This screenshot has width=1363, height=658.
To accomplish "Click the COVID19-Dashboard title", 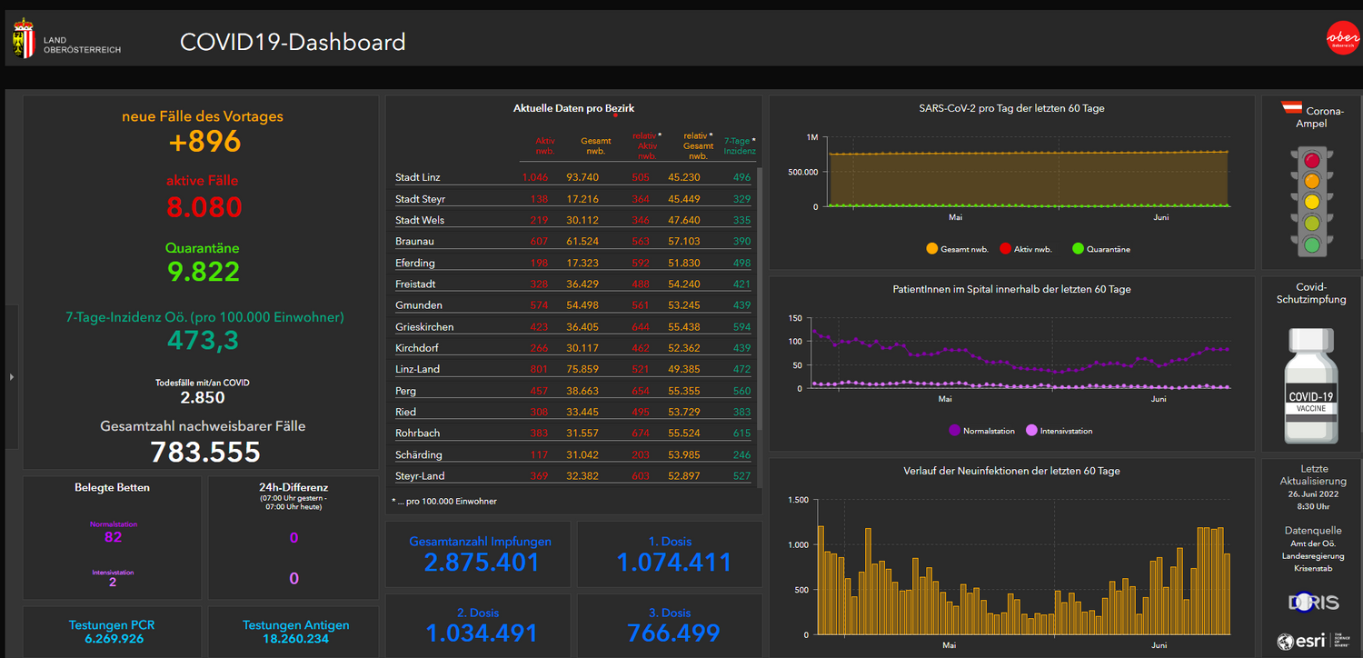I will click(293, 42).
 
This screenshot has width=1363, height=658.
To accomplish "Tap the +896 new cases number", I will click(205, 141).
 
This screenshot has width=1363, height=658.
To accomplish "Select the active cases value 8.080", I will click(204, 207).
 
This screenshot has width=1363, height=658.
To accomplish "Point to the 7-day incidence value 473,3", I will click(204, 340).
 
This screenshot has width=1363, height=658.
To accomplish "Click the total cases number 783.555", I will click(204, 452).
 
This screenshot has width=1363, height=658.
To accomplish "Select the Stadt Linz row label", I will click(418, 177).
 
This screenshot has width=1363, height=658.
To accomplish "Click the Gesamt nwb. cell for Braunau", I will click(582, 242).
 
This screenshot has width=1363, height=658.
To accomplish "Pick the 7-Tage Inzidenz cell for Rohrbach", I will click(741, 434).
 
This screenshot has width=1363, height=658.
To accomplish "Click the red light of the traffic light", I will click(1311, 161).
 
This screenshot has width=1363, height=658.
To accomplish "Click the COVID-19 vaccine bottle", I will click(1311, 386).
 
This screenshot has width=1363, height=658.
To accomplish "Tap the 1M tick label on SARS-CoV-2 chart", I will click(811, 137).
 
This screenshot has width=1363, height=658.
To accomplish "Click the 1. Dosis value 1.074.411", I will click(673, 563).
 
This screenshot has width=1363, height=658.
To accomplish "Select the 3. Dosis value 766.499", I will click(673, 633).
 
